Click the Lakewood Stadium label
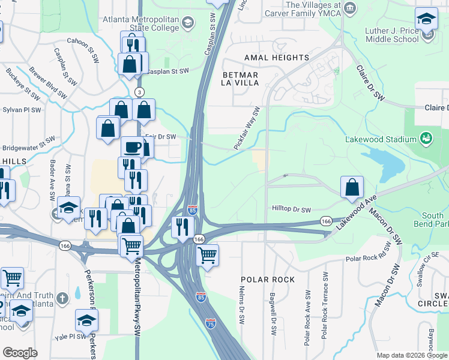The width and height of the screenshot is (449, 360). click(x=381, y=139)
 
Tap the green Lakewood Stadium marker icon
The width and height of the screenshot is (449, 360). click(x=426, y=139)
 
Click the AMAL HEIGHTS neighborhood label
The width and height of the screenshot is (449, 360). click(x=277, y=58)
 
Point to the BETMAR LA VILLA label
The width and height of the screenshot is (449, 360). click(x=240, y=79)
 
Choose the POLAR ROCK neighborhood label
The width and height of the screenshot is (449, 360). click(x=268, y=280)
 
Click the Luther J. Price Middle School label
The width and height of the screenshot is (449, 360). click(x=391, y=35)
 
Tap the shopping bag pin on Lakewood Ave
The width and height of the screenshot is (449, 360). click(x=352, y=187)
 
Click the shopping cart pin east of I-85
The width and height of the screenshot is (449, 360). click(x=207, y=255)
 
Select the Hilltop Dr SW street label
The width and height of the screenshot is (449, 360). click(x=291, y=210)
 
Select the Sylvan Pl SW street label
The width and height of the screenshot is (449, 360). click(x=22, y=110)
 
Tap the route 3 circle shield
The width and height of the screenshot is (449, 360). click(x=139, y=92)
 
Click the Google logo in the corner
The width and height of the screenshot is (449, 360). click(x=20, y=352)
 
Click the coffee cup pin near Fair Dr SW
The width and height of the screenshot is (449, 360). click(x=133, y=148)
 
